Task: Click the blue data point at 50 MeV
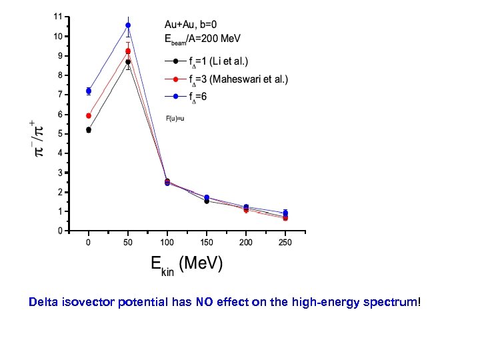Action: coord(128,25)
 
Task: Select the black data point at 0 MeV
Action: coord(89,130)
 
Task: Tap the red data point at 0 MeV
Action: coord(89,115)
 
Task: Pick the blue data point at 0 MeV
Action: coord(89,91)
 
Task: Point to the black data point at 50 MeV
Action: coord(128,62)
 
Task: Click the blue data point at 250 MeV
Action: coord(285,213)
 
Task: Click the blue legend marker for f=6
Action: coord(175,97)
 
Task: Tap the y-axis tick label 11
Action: coord(59,16)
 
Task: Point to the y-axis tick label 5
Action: coord(61,133)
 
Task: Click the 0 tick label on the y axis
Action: coord(61,231)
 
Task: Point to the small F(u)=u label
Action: coord(175,118)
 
